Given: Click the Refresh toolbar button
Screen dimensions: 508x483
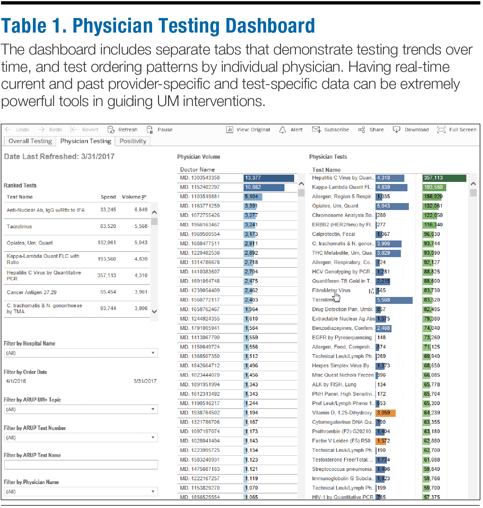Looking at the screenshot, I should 123,130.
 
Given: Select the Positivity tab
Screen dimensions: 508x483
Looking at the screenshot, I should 133,141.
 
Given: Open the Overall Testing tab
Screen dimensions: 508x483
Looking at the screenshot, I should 30,141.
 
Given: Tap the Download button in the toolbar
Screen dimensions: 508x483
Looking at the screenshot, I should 411,130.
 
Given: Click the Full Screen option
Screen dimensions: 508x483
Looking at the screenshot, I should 457,130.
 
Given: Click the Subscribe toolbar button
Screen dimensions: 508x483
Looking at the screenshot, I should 331,130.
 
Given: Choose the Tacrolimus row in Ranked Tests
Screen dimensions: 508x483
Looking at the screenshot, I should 19,227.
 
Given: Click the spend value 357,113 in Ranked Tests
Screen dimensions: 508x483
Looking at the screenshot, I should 107,275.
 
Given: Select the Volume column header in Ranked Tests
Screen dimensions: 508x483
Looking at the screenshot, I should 131,197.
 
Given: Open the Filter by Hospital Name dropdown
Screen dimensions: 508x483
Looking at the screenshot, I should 81,353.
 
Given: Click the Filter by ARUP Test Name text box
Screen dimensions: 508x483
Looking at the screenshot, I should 81,465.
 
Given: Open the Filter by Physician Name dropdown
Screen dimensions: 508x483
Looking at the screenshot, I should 81,492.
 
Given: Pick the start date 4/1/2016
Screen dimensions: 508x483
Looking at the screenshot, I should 16,381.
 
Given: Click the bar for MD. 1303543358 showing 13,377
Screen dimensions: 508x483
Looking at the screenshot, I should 269,178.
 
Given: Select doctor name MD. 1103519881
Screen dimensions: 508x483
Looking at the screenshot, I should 200,196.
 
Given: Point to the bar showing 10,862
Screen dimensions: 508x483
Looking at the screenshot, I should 264,187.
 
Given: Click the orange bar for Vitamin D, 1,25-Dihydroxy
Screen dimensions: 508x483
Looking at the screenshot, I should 385,413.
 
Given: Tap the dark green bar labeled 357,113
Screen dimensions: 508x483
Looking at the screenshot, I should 444,178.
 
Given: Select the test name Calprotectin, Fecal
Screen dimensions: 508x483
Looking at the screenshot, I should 333,234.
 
